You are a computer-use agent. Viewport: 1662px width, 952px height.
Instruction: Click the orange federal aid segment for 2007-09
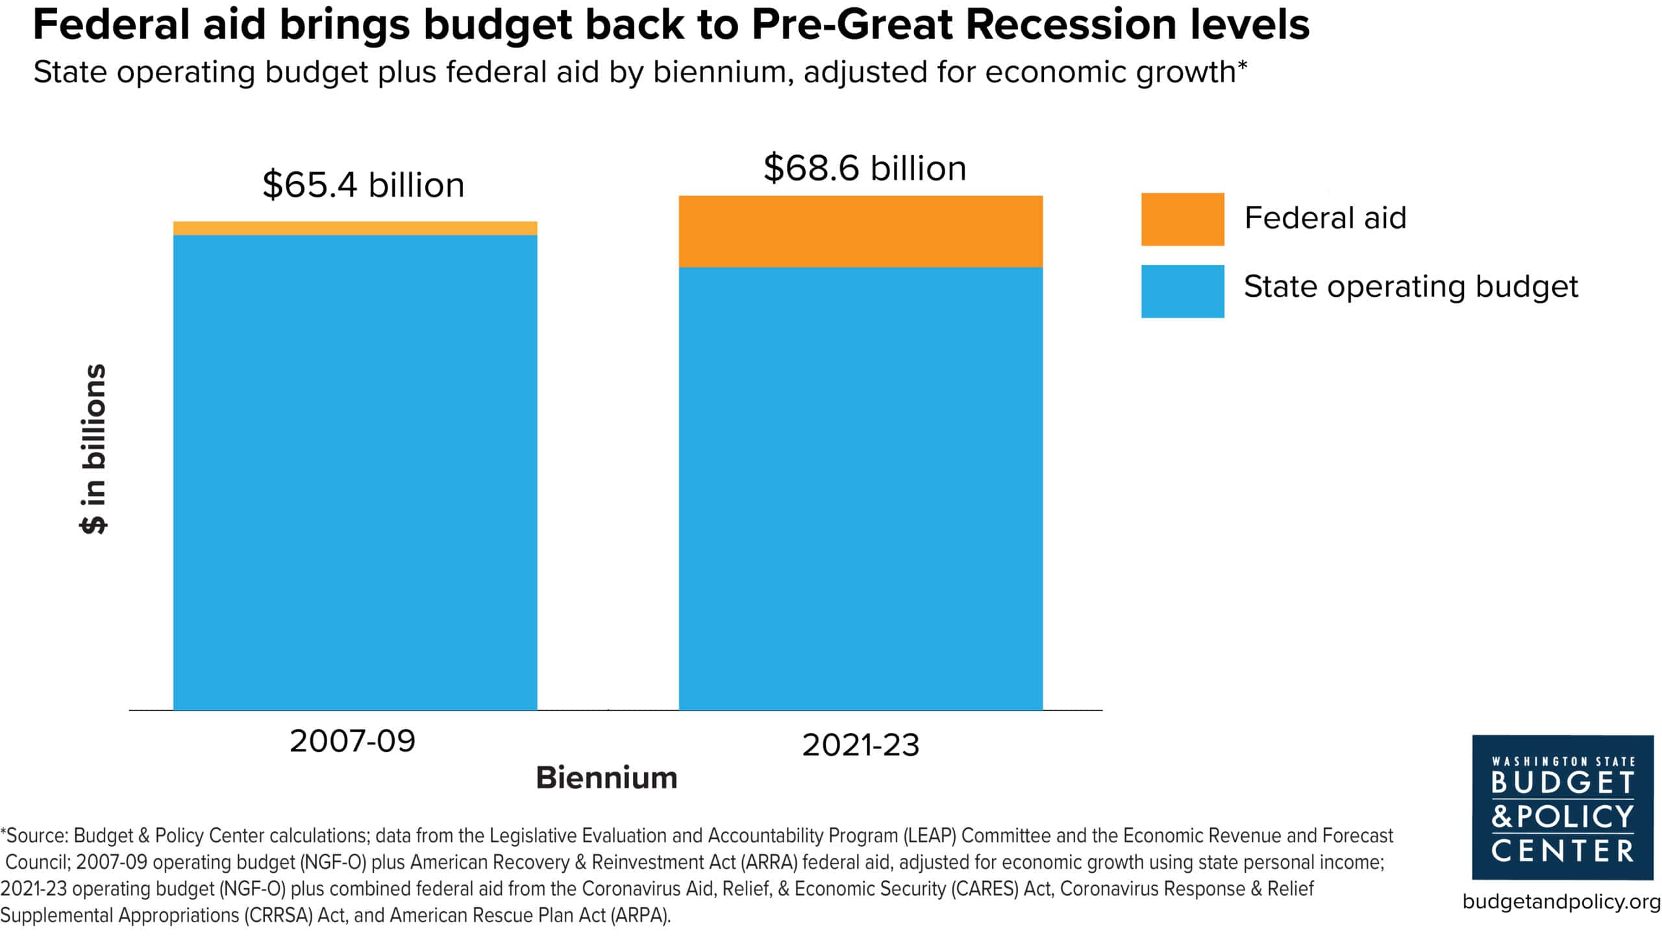tap(355, 228)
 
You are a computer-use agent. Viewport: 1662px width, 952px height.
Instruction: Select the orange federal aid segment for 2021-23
tap(860, 231)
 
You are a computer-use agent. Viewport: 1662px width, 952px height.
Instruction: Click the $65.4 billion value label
tap(364, 185)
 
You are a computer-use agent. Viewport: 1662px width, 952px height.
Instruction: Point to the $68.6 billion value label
tap(864, 168)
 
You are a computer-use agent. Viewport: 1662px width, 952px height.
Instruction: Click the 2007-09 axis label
tap(353, 741)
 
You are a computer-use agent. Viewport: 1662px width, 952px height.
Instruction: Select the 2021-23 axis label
tap(860, 745)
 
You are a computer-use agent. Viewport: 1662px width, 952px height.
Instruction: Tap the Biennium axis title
tap(606, 778)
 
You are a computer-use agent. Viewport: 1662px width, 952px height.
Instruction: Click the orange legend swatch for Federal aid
tap(1182, 219)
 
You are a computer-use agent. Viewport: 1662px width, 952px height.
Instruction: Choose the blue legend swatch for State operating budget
tap(1182, 291)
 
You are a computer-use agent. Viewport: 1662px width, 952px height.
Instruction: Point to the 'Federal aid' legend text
tap(1325, 218)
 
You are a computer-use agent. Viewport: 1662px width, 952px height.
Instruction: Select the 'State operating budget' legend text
tap(1410, 286)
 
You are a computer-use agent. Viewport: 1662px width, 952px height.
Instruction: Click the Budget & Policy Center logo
tap(1562, 807)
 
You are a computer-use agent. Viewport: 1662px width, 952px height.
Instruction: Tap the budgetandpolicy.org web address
tap(1561, 901)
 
